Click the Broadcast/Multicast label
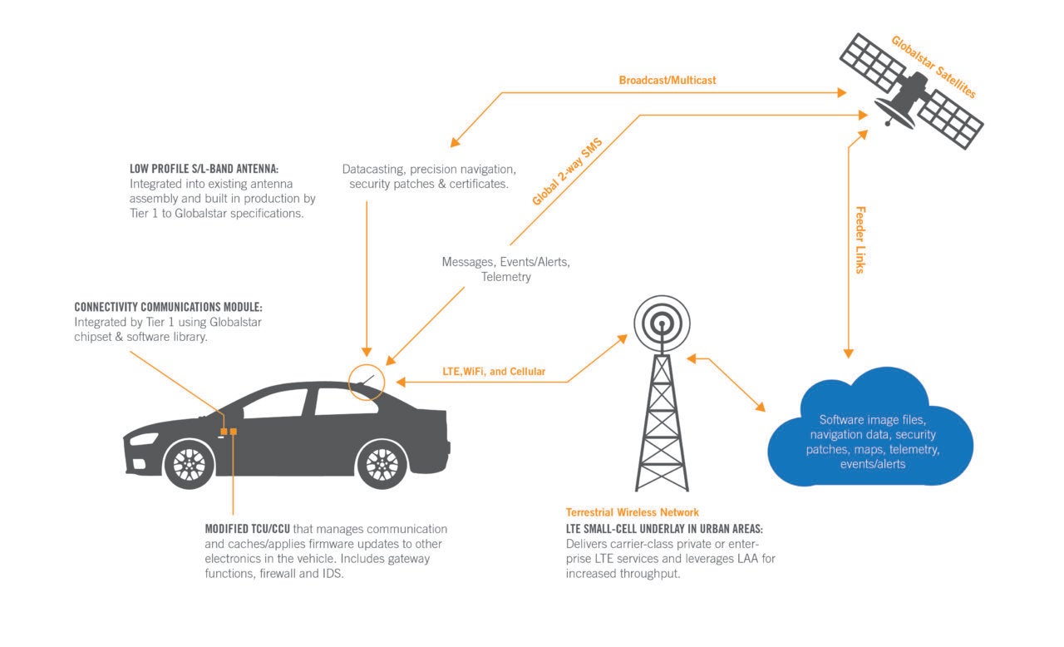pos(667,81)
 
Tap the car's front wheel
pos(190,463)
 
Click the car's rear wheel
pos(382,463)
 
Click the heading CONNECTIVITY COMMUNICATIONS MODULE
pos(169,306)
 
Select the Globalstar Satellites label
pos(933,67)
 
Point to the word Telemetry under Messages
pos(505,277)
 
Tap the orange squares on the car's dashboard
pos(228,431)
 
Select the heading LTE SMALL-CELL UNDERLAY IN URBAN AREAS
pos(664,529)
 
